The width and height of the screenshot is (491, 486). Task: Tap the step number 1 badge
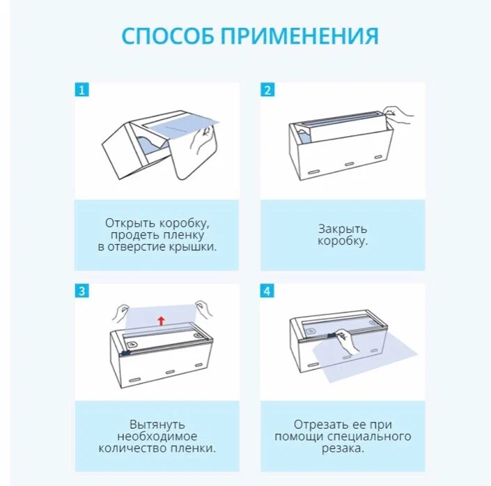pos(81,90)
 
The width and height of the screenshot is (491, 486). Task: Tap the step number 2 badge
pos(267,90)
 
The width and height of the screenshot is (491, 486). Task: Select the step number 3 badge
pos(81,291)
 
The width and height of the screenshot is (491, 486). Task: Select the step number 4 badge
pos(267,291)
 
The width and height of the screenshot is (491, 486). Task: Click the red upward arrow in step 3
pos(161,320)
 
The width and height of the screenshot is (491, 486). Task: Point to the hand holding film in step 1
pos(204,141)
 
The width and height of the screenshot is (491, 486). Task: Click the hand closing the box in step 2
pos(399,112)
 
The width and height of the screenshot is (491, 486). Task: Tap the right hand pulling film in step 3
pos(204,307)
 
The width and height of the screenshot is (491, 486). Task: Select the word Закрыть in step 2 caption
pos(343,229)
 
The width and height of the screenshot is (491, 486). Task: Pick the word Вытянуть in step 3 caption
pos(157,423)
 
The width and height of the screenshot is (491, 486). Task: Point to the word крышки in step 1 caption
pos(193,248)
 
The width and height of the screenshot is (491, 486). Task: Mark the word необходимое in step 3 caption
pos(157,436)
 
